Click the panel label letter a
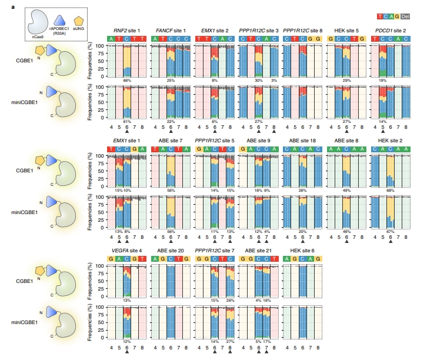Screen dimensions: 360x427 [x=5, y=5]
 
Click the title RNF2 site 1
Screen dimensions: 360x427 [x=128, y=30]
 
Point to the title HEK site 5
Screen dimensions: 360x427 [x=346, y=30]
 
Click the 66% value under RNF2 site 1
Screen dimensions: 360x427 [x=126, y=80]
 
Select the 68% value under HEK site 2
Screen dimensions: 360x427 [x=390, y=190]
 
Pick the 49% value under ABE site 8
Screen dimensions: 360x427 [x=346, y=190]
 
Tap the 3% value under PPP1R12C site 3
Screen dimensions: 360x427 [x=273, y=80]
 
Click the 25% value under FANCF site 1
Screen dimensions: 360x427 [x=171, y=80]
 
